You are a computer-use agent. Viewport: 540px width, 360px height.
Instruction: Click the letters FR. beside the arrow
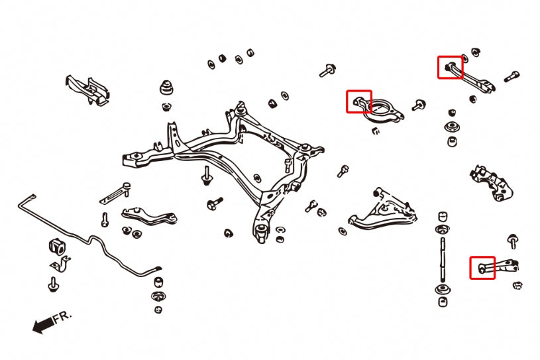pyautogui.click(x=61, y=318)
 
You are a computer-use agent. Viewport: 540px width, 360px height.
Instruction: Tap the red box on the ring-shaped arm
pyautogui.click(x=359, y=101)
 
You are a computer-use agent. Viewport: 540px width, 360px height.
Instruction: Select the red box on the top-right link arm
pyautogui.click(x=450, y=67)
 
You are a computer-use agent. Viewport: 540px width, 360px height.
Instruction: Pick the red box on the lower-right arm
pyautogui.click(x=482, y=267)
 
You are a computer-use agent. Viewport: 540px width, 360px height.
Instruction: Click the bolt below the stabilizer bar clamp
pyautogui.click(x=52, y=284)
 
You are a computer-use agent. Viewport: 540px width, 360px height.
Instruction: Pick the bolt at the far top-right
pyautogui.click(x=512, y=77)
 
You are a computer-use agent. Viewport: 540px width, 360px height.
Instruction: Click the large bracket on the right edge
pyautogui.click(x=491, y=180)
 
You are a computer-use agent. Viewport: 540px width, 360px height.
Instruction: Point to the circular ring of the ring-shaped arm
pyautogui.click(x=384, y=109)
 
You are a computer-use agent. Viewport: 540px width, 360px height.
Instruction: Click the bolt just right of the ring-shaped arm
pyautogui.click(x=418, y=105)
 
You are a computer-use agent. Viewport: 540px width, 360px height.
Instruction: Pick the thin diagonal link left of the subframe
pyautogui.click(x=115, y=193)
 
